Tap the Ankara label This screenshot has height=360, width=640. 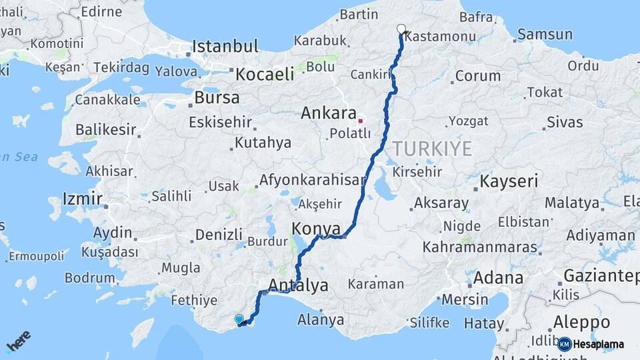pyautogui.click(x=329, y=113)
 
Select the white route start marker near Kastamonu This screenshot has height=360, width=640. pyautogui.click(x=401, y=29)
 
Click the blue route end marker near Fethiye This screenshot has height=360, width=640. pyautogui.click(x=239, y=319)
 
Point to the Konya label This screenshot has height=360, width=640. pyautogui.click(x=316, y=229)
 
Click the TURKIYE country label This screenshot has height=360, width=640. pyautogui.click(x=432, y=149)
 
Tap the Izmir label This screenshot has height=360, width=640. pyautogui.click(x=82, y=198)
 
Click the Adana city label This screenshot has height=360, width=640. pyautogui.click(x=499, y=277)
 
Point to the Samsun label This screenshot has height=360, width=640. pyautogui.click(x=545, y=34)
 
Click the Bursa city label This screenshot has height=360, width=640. pyautogui.click(x=217, y=97)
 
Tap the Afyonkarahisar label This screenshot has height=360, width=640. pyautogui.click(x=312, y=180)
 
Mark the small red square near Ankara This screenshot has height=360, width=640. pyautogui.click(x=361, y=121)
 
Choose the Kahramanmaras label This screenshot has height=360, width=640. pyautogui.click(x=479, y=247)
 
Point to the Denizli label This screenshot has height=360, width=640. pyautogui.click(x=218, y=235)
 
